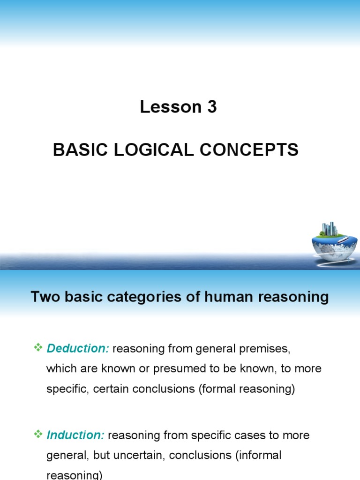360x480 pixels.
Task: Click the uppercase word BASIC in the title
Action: tap(75, 150)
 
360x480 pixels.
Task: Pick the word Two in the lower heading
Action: tap(44, 297)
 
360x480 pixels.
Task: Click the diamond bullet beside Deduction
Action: tap(38, 347)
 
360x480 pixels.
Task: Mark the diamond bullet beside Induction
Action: tap(38, 435)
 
